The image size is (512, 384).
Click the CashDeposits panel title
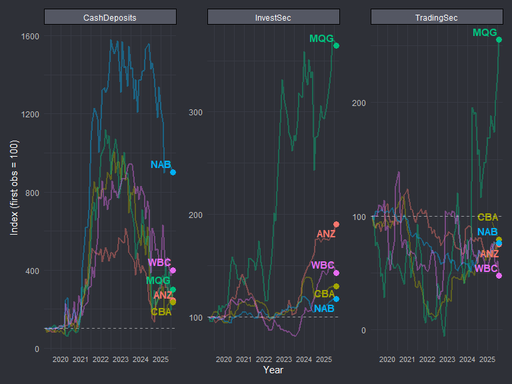coord(110,17)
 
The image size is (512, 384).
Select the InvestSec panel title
coord(273,17)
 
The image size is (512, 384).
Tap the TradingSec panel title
coord(436,17)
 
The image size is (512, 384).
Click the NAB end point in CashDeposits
coord(173,172)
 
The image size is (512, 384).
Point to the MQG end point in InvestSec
coord(337,45)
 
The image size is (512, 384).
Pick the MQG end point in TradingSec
coord(499,39)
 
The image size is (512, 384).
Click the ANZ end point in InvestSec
coord(337,224)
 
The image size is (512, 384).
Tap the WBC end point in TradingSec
coord(499,275)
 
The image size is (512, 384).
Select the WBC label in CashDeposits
coord(160,263)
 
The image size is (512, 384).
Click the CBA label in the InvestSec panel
coord(325,293)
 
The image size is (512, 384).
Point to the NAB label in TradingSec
coord(487,232)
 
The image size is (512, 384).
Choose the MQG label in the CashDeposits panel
coord(159,281)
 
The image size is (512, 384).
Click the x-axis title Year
coord(273,369)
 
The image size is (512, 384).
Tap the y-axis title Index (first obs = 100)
coord(14,187)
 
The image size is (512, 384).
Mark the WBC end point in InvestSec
coord(337,273)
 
